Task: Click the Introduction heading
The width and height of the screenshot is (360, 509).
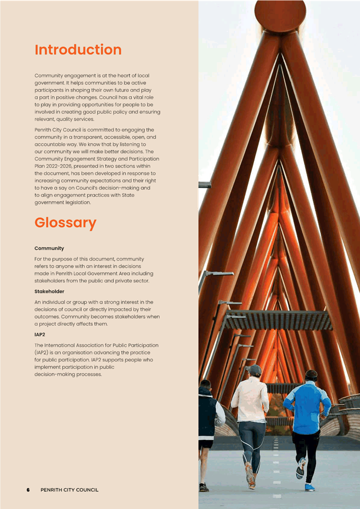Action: point(78,50)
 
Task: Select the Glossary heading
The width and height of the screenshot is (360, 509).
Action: point(65,223)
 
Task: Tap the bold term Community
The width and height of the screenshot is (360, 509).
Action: point(49,248)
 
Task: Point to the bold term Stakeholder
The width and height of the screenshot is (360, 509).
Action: point(49,291)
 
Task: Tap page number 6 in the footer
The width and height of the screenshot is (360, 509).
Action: point(28,490)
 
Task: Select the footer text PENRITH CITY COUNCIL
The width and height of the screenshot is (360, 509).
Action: point(70,490)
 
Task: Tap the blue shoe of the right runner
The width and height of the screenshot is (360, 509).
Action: point(310,487)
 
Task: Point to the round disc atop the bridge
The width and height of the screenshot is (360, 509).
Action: point(280,14)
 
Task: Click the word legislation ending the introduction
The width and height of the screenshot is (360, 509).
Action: point(76,202)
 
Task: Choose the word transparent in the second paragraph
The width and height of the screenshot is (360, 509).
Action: point(97,137)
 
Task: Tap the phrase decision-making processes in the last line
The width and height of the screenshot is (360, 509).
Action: point(68,375)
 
